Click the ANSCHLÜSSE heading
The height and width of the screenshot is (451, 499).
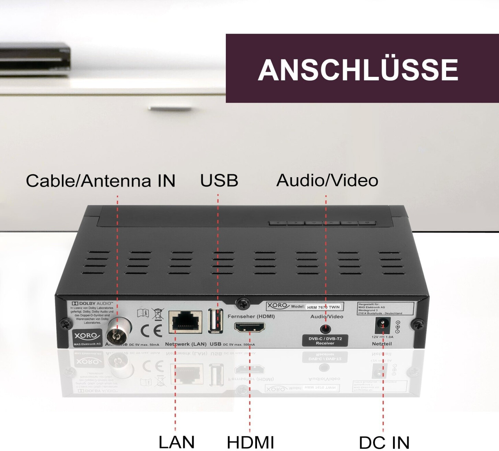pos(358,69)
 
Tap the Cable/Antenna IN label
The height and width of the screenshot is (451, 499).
pos(101,181)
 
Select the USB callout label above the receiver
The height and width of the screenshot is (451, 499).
pos(219,181)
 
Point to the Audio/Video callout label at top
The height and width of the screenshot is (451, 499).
pos(327,181)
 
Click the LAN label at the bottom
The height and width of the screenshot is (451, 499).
pos(176,442)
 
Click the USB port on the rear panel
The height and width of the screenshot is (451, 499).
pos(216,321)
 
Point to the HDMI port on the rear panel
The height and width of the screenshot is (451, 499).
pos(249,327)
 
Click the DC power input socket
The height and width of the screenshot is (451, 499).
pos(382,325)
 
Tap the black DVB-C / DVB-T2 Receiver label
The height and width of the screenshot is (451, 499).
pos(325,341)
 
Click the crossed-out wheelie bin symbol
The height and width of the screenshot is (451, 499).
pos(158,313)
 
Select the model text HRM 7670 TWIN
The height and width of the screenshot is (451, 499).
pos(323,307)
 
